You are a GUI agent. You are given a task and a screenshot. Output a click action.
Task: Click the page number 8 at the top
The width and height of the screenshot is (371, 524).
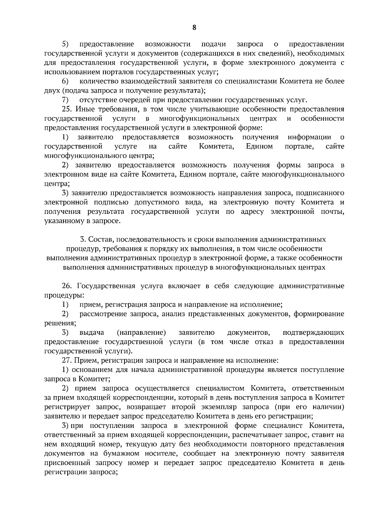[x=194, y=27]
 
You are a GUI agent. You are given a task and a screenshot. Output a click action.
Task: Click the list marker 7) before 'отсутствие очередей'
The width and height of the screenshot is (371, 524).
[x=65, y=100]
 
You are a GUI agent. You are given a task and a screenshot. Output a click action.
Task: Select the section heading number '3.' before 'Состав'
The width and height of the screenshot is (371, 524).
[x=83, y=239]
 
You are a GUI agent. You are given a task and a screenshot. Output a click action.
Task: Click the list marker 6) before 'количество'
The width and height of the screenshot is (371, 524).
[x=65, y=81]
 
